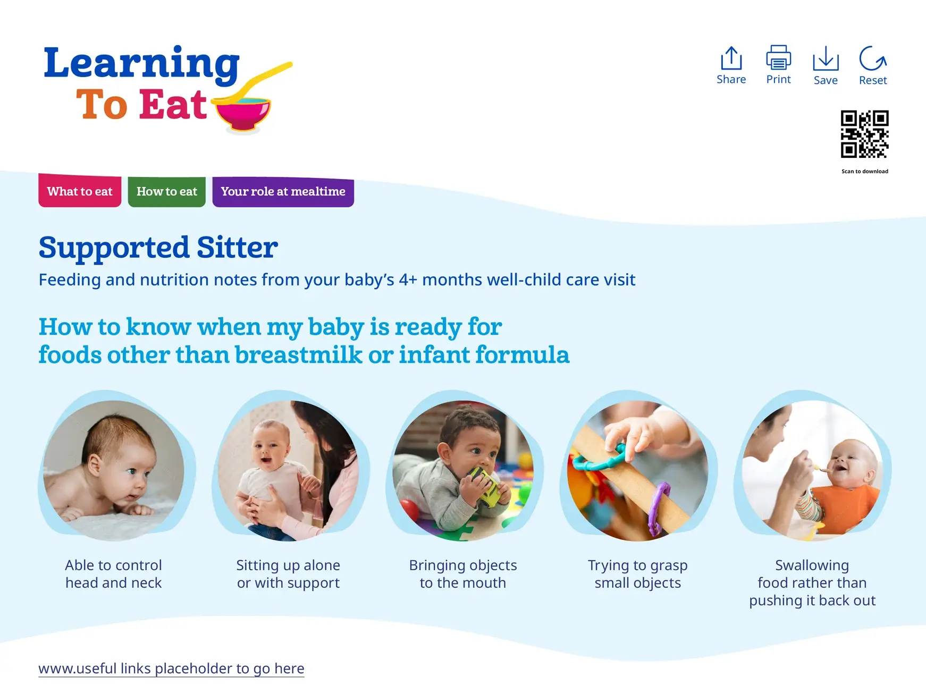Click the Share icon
click(x=731, y=58)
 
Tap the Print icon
click(x=778, y=57)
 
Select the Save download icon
click(x=826, y=58)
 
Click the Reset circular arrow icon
click(x=873, y=58)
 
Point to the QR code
click(x=864, y=134)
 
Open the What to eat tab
click(x=80, y=191)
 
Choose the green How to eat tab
click(x=166, y=191)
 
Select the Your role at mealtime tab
click(x=283, y=191)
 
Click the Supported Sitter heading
click(x=158, y=248)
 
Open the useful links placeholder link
click(x=171, y=668)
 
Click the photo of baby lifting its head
click(x=114, y=471)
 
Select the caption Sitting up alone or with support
click(x=288, y=574)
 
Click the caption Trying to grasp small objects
click(x=638, y=574)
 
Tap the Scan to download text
click(x=865, y=171)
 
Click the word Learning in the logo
click(x=141, y=63)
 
